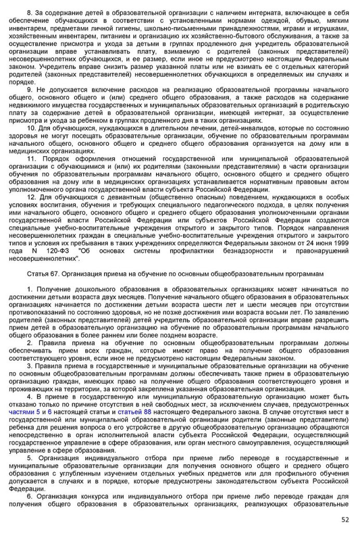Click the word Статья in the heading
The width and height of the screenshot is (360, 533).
click(37, 273)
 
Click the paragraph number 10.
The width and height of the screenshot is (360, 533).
click(31, 128)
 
